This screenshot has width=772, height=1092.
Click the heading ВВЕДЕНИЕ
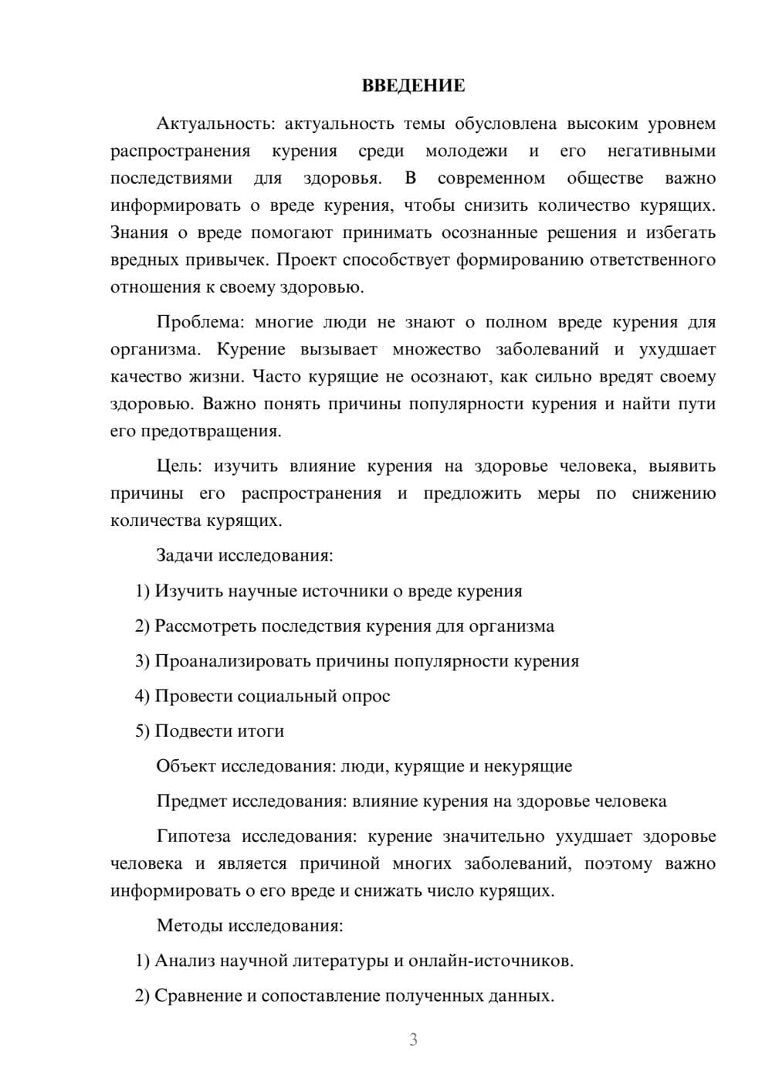coord(413,86)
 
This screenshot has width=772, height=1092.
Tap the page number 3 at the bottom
coord(413,1039)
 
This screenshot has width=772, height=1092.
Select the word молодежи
coord(466,151)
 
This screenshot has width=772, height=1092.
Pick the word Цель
coord(178,466)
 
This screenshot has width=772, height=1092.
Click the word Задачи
coord(185,555)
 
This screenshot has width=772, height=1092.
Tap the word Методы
coord(186,925)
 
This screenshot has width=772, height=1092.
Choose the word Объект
coord(186,766)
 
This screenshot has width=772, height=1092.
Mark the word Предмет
coord(192,801)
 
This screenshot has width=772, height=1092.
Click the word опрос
coord(365,696)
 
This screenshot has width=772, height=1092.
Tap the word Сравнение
coord(198,995)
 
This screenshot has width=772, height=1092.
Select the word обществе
coord(604,178)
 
